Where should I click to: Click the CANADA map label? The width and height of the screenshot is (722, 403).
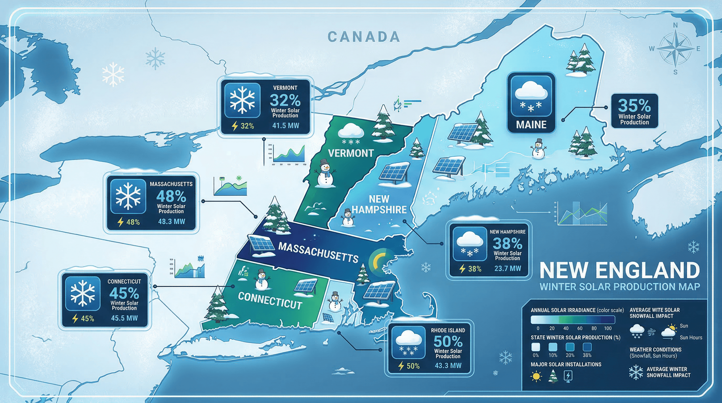click(364, 37)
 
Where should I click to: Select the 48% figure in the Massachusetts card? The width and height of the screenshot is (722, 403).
click(171, 196)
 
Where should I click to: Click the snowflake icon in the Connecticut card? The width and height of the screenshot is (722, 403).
click(83, 293)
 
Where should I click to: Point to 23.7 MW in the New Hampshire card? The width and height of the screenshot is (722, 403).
click(508, 268)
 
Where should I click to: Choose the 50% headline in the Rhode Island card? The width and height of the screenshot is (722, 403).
click(448, 341)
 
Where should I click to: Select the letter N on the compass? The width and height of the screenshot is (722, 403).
click(676, 25)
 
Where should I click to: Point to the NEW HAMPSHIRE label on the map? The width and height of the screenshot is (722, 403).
click(379, 204)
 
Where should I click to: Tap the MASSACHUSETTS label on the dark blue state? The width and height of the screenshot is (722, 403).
click(318, 252)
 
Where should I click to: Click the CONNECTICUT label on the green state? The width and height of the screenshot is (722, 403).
click(270, 301)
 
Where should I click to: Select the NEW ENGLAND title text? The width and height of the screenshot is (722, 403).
click(619, 270)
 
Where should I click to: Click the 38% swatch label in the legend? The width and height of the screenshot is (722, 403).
click(587, 355)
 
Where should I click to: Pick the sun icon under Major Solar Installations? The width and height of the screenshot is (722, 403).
click(536, 376)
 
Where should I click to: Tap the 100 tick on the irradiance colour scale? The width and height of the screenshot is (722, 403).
click(608, 328)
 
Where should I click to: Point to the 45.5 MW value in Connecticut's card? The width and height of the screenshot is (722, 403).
click(124, 318)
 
